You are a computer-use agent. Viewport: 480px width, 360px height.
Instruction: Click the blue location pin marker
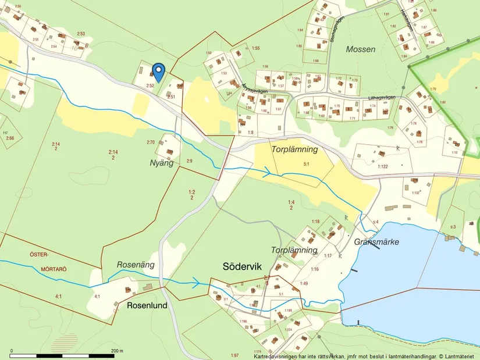tap(157, 72)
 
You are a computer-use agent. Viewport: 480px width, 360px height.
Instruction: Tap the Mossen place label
tap(361, 49)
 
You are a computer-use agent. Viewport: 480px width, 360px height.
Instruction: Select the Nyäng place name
tap(162, 163)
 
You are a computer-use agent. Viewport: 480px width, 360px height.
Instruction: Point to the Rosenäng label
tap(134, 264)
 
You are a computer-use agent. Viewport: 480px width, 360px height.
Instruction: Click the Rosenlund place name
tap(147, 305)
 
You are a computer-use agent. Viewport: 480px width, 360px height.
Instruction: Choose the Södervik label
tap(243, 266)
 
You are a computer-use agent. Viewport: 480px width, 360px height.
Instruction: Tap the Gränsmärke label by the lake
tap(376, 242)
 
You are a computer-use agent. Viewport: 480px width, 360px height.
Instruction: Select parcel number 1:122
tap(382, 167)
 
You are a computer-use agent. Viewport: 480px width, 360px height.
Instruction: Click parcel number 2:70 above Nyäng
tap(151, 142)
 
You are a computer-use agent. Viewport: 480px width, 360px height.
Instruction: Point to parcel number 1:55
tap(255, 48)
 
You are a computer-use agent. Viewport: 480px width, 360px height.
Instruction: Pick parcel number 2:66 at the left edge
tap(10, 138)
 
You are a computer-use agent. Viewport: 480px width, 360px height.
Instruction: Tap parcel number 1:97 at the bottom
tap(234, 355)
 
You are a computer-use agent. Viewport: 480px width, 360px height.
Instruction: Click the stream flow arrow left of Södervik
tap(197, 283)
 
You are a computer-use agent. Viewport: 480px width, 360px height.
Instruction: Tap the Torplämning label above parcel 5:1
tap(295, 149)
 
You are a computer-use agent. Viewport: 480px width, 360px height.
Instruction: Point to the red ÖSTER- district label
tap(26, 255)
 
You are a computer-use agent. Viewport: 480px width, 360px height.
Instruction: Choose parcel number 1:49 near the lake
tap(304, 283)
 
